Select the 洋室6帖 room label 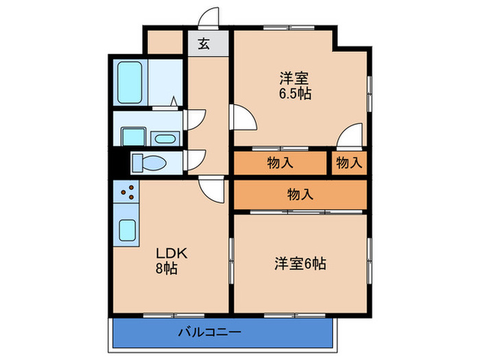tap(300, 263)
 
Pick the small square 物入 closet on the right tap(349, 163)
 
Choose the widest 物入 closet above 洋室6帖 tap(300, 194)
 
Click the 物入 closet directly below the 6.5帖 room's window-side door tap(280, 163)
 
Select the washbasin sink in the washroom tap(165, 139)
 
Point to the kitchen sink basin tap(128, 229)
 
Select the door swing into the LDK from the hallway tap(211, 189)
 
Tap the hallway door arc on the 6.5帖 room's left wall tap(244, 117)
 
